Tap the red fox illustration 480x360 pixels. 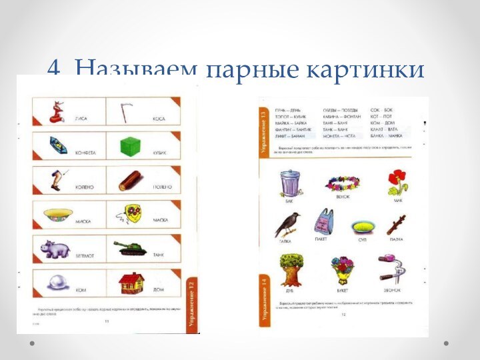(x=58, y=111)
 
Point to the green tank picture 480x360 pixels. (x=130, y=249)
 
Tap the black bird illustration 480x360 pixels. (x=288, y=224)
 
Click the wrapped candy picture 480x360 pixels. (x=59, y=145)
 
